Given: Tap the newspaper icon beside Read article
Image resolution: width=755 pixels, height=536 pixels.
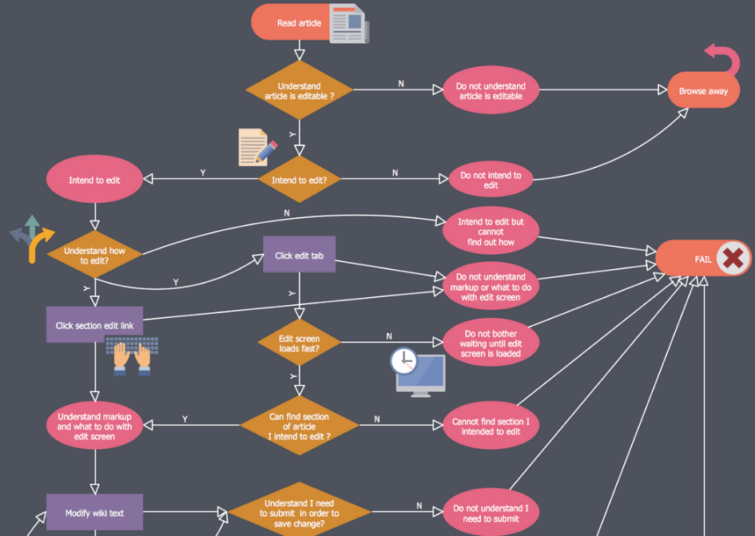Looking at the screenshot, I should pos(349,23).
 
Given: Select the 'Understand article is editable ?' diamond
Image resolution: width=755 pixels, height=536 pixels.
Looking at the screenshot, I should pos(299,91).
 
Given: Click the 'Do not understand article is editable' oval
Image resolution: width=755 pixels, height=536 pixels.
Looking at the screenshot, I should pos(491,91).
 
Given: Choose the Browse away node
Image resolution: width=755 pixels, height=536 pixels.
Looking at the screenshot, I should pos(703,91).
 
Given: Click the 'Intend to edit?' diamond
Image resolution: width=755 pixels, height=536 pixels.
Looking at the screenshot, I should pos(299,180).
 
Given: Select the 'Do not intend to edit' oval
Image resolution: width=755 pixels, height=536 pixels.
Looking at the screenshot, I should pos(491,180).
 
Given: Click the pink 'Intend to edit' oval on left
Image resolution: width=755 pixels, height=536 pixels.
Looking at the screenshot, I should pos(94,180).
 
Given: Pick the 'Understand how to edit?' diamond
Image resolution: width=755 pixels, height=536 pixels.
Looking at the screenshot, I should pos(94,255).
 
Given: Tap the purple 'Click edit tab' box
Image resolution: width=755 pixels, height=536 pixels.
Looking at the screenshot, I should pos(299,255).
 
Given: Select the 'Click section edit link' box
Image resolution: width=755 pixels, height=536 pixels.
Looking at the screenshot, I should pos(94,324).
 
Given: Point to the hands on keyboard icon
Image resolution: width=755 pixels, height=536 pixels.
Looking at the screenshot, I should pos(132,355).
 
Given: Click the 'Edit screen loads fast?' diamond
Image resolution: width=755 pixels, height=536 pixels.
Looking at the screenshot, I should pos(299,343).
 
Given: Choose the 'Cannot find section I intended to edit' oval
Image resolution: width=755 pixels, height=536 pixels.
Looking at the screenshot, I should pos(491,427).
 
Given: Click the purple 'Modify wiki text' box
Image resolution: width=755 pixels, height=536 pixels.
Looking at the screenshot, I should pos(94,512).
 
